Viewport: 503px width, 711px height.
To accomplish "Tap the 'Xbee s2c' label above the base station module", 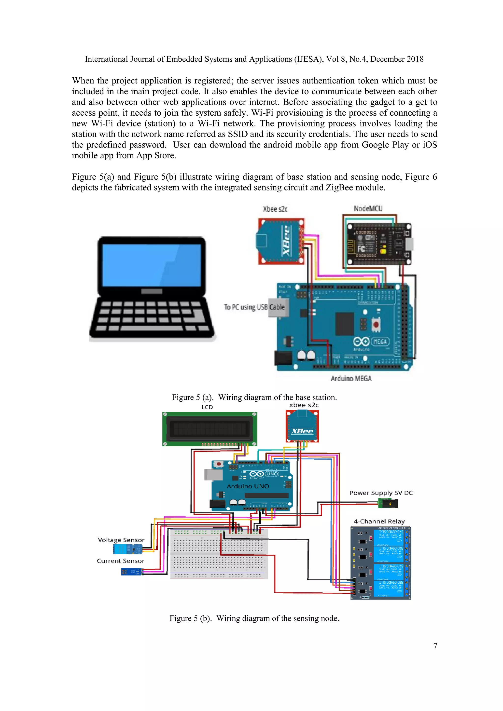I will click(x=275, y=209).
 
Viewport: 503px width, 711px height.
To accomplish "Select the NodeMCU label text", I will click(x=368, y=209).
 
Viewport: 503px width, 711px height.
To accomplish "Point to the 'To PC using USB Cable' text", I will click(x=254, y=307).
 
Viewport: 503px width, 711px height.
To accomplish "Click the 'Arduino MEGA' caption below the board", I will click(x=351, y=378).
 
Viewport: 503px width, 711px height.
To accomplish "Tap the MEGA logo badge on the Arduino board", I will click(x=380, y=341).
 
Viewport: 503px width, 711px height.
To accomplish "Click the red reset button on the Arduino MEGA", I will click(x=376, y=325).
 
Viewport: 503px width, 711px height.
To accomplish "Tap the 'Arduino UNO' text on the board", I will click(x=248, y=486).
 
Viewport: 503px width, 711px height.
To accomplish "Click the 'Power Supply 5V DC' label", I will click(x=381, y=493).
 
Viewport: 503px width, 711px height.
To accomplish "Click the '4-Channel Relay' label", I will click(x=379, y=521).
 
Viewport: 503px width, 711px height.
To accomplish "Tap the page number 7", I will click(x=435, y=646).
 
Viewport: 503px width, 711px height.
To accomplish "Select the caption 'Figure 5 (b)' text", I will click(x=190, y=618).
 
